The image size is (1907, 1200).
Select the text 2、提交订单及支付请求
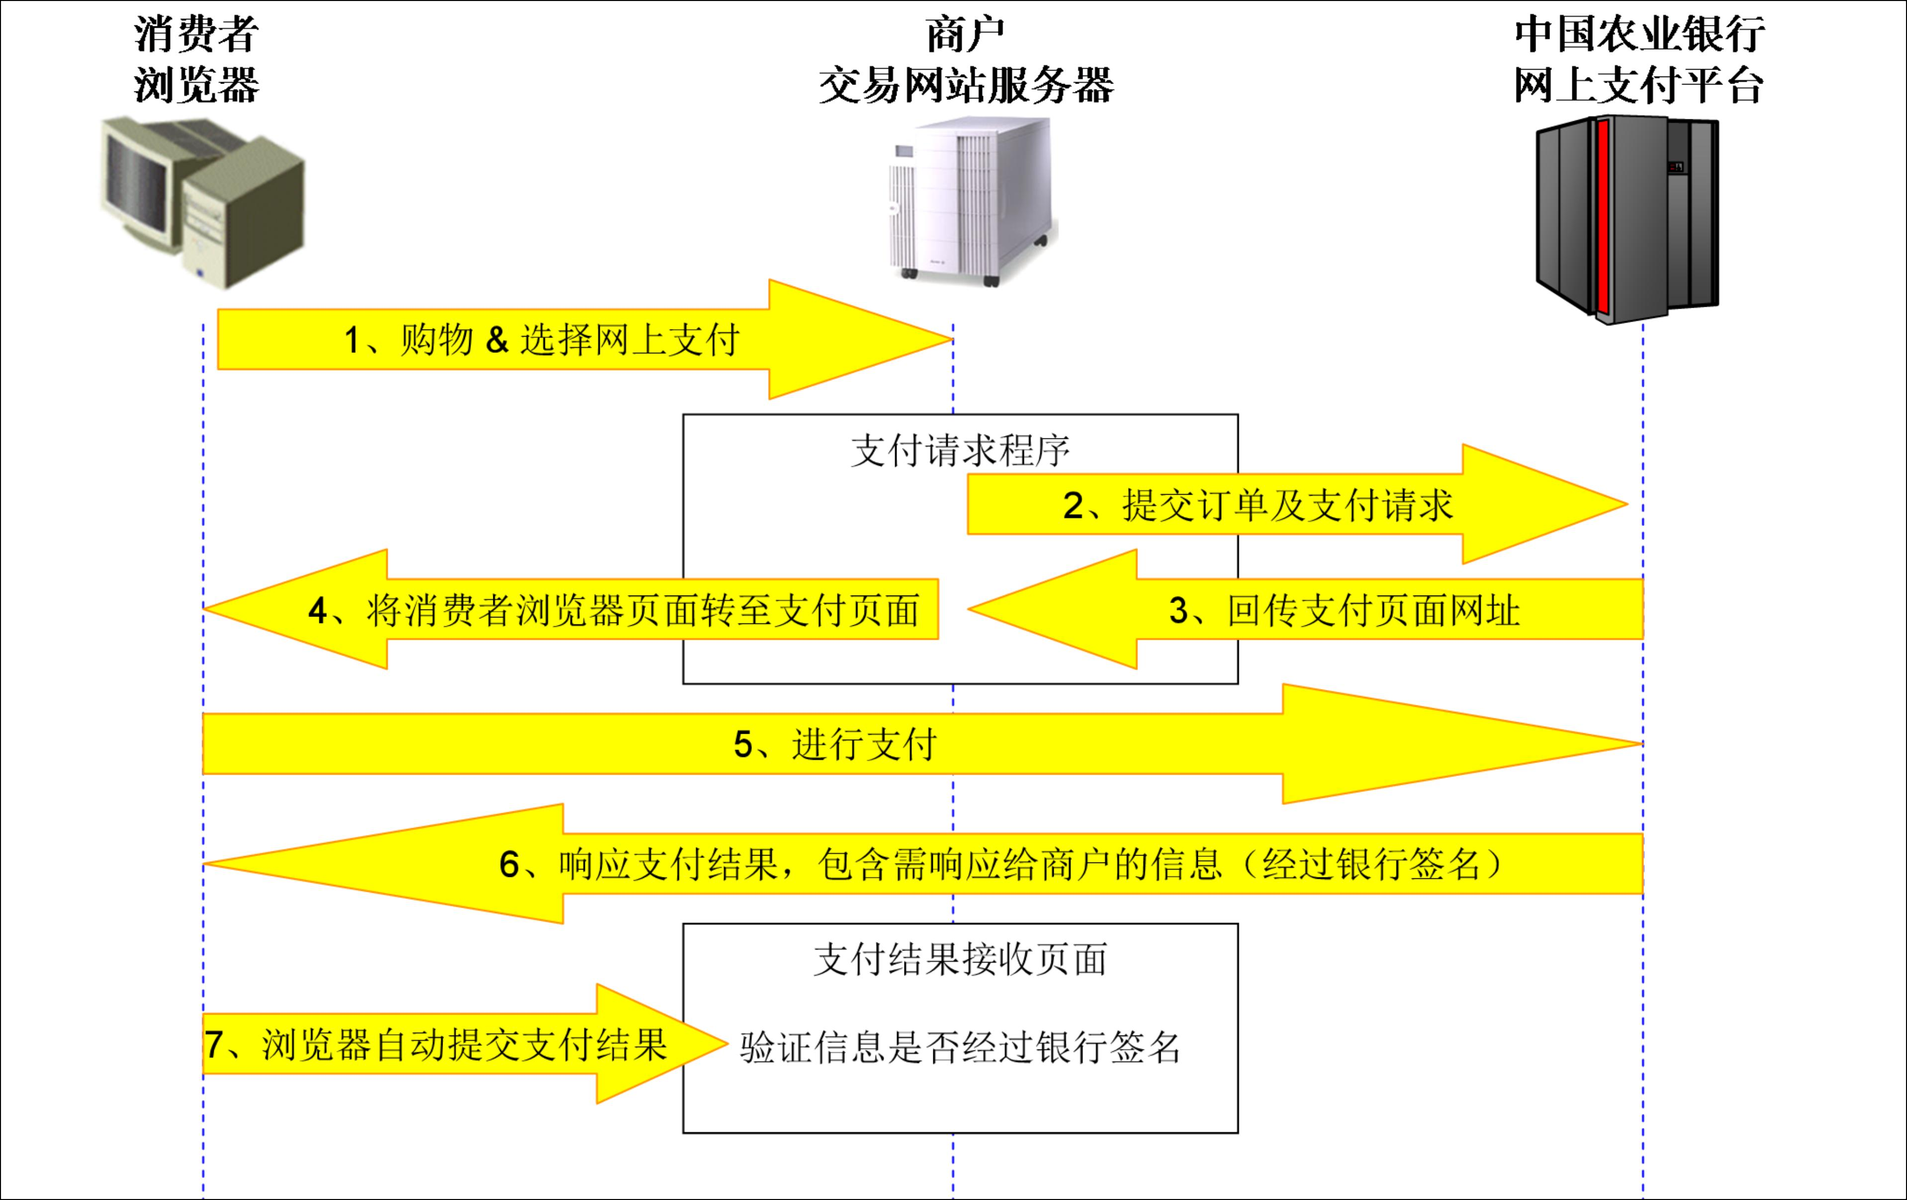1258,505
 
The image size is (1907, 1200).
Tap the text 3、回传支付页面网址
1344,610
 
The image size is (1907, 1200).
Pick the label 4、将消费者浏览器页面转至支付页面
614,610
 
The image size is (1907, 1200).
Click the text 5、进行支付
835,744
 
